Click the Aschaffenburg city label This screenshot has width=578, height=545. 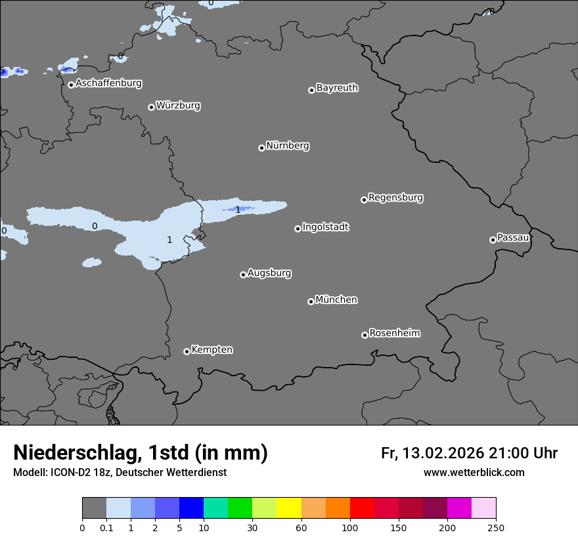(x=108, y=83)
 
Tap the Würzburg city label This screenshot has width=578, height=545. (x=178, y=106)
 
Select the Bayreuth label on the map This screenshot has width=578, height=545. (x=337, y=88)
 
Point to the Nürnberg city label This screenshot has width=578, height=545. (x=287, y=146)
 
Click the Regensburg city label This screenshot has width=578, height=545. (x=395, y=198)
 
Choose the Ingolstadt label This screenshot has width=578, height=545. (x=325, y=227)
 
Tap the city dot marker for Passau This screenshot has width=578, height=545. (x=493, y=240)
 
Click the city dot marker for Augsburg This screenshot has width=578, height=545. (x=243, y=274)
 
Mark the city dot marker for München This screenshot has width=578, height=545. (x=311, y=301)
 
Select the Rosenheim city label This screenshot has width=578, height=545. (x=394, y=334)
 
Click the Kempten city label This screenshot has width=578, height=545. (x=211, y=350)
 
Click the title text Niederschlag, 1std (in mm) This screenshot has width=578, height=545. (x=141, y=452)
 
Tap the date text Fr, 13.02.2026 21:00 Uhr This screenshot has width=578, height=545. (x=469, y=453)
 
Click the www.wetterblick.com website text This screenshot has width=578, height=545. (x=474, y=472)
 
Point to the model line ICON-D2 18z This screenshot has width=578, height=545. (x=120, y=472)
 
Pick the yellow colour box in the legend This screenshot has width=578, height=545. (x=289, y=508)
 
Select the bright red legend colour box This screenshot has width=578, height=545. (x=362, y=508)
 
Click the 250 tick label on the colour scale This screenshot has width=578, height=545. (x=496, y=527)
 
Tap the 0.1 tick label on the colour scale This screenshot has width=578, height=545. (x=106, y=527)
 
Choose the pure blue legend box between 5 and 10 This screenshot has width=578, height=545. (x=191, y=508)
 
